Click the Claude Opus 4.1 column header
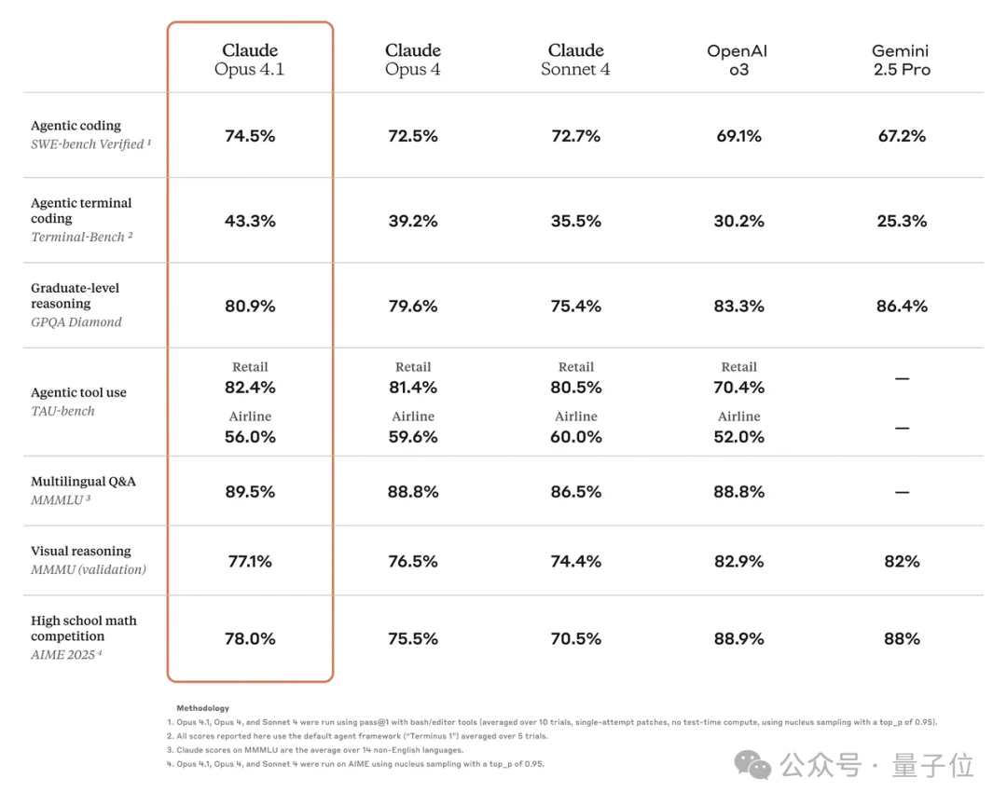250,60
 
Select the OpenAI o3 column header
738,60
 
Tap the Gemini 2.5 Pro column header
901,60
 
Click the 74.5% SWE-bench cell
250,136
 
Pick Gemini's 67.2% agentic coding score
901,136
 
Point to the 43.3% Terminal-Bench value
250,221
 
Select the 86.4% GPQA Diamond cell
901,306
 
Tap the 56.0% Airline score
250,437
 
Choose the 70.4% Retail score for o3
738,388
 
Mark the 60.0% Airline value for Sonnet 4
575,437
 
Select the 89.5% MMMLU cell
250,492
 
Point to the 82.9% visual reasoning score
738,561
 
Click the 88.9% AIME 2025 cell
738,638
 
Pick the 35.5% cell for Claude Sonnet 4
575,221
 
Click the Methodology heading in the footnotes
202,708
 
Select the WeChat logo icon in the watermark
753,765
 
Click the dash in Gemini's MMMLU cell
901,492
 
